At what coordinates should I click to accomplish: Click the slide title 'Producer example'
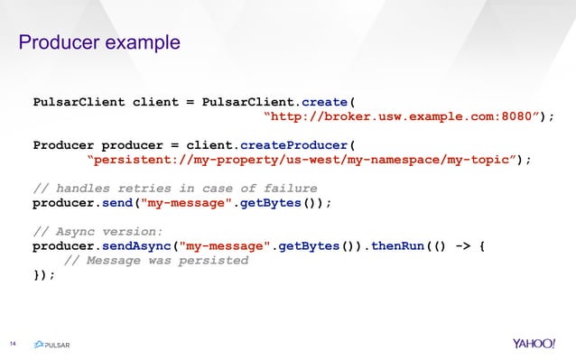point(99,43)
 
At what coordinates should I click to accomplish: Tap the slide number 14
point(14,343)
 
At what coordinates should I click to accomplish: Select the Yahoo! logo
point(536,344)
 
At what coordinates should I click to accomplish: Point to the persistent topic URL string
point(305,160)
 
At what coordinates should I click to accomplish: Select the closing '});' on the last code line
point(43,274)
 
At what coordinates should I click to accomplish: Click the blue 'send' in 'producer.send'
point(118,202)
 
